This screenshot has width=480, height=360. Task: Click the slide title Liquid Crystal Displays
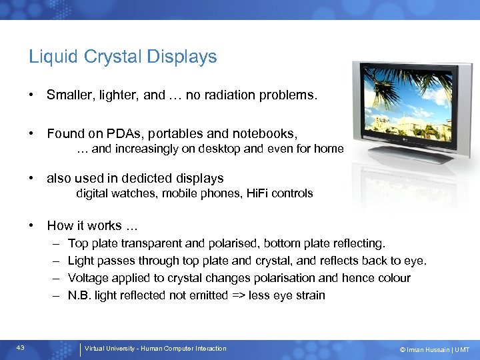click(x=123, y=57)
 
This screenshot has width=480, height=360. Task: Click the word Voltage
click(x=88, y=278)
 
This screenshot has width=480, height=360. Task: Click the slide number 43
click(x=21, y=348)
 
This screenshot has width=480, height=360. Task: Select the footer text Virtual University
click(x=113, y=349)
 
